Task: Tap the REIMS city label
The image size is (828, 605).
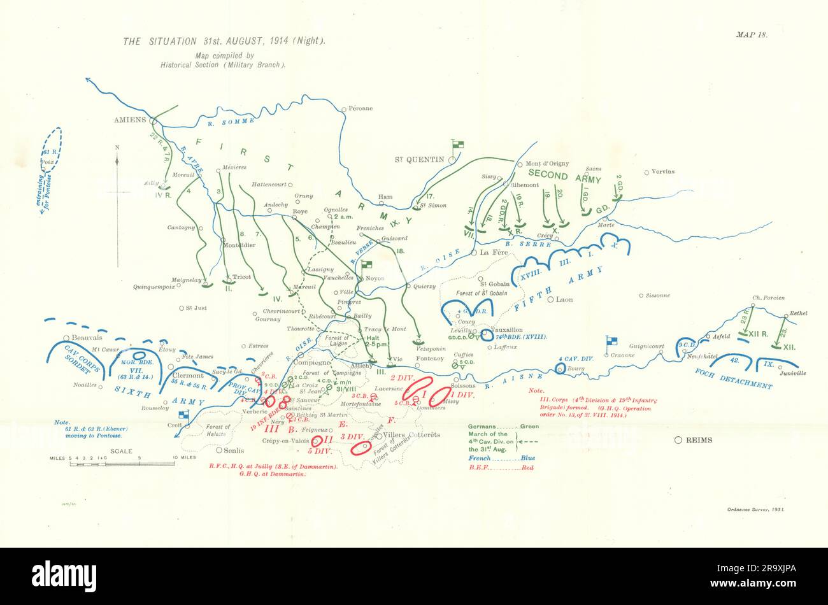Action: [x=699, y=440]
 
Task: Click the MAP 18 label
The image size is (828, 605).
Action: [x=752, y=36]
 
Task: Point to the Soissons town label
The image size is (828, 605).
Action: [x=463, y=385]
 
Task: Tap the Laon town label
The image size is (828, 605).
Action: [x=564, y=299]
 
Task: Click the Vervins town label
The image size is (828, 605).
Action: [x=663, y=172]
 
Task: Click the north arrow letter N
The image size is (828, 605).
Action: [x=117, y=147]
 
